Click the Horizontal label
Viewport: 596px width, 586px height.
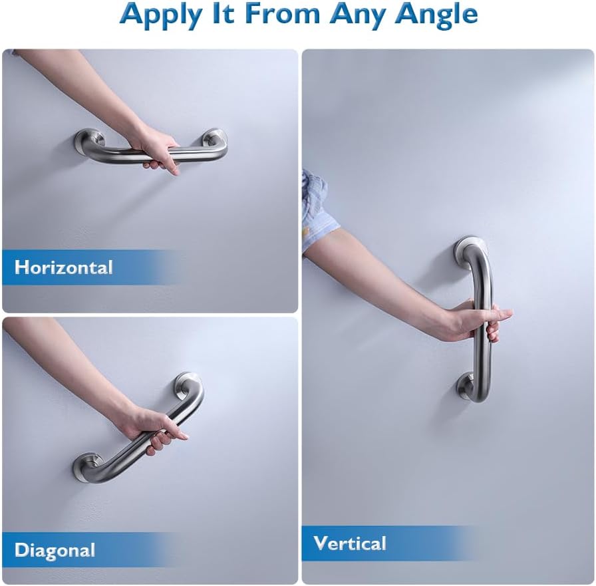(x=64, y=267)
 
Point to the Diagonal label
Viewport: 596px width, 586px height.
(x=55, y=551)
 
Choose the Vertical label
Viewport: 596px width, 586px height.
(x=350, y=543)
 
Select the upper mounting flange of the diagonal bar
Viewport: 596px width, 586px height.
(x=188, y=384)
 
